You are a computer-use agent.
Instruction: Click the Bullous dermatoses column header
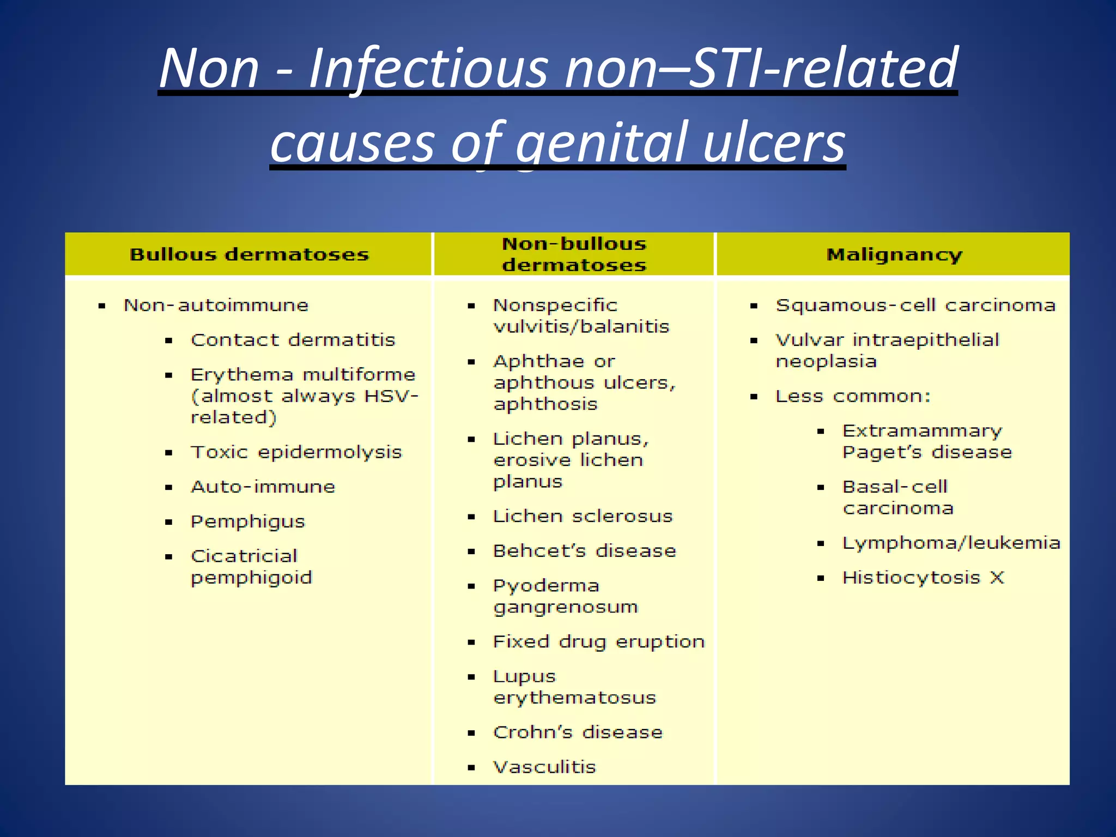pos(249,254)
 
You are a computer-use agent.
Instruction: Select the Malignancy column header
pos(894,254)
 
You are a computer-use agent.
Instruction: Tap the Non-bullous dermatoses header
pos(574,254)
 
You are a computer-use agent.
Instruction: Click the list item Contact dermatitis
pos(293,340)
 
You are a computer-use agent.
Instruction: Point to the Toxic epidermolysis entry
pos(296,452)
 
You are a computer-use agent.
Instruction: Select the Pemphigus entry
pos(247,522)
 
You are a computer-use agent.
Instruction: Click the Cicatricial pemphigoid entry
pos(251,567)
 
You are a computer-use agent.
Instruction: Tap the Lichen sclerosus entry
pos(583,516)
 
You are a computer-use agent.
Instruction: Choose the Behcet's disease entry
pos(584,551)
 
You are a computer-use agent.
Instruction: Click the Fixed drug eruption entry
pos(598,642)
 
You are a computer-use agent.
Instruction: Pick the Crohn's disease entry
pos(578,732)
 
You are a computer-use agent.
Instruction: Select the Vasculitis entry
pos(544,767)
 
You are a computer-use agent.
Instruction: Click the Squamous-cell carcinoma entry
pos(915,305)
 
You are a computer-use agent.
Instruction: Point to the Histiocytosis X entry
pos(923,578)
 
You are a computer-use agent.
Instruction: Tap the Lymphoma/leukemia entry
pos(951,543)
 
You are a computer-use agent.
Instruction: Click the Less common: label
pos(853,396)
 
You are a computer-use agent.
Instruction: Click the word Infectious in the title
pos(428,69)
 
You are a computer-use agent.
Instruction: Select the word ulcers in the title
pos(774,143)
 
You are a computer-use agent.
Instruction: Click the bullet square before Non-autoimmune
pos(102,306)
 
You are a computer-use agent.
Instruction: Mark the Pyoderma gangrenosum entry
pos(565,596)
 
